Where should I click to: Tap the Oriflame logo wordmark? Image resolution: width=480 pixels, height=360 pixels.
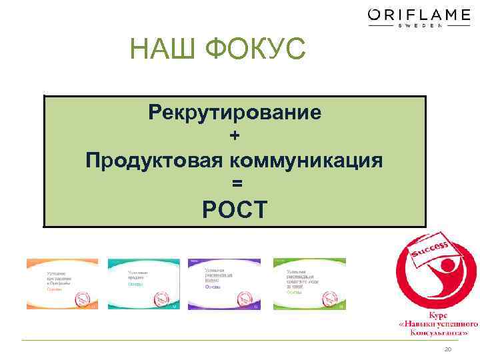419,15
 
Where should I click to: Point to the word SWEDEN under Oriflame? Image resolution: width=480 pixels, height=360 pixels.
419,27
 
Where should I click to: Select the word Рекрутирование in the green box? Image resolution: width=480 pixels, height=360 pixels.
235,111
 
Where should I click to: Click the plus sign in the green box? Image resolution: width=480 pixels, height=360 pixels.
234,135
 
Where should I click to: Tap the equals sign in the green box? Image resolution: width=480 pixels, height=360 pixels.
234,183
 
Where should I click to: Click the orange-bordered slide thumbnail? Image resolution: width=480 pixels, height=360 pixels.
62,284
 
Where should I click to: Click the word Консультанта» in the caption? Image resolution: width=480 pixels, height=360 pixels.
437,331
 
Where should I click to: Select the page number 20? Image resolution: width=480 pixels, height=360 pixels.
447,350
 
